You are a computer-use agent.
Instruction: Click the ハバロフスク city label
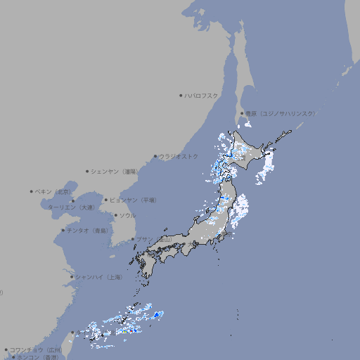click(202, 95)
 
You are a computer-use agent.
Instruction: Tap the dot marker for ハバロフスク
click(181, 95)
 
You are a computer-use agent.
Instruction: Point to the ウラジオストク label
click(179, 156)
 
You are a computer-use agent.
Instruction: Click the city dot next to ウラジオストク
click(155, 157)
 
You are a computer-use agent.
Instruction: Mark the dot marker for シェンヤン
click(87, 171)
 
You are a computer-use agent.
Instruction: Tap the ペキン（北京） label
click(55, 191)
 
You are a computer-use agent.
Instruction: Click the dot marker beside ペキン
click(31, 191)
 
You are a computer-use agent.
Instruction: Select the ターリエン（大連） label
click(71, 207)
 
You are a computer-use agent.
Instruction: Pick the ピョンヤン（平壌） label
click(133, 200)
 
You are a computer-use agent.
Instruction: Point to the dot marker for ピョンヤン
click(106, 200)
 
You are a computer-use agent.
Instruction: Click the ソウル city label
click(127, 215)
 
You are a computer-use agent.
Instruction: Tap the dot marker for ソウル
click(115, 215)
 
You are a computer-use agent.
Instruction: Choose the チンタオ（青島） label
click(88, 230)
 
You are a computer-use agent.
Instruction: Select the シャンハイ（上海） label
click(98, 277)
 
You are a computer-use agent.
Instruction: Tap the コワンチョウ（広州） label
click(36, 349)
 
